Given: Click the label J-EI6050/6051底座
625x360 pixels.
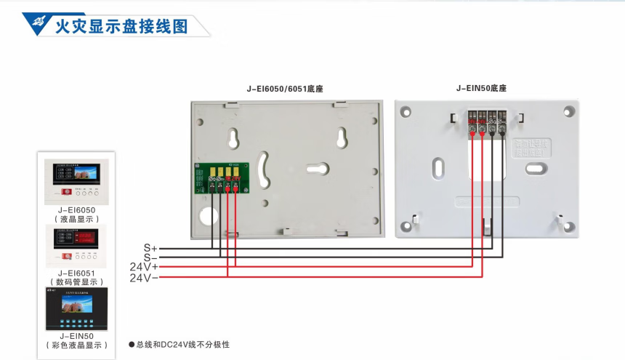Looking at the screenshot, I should click(285, 89).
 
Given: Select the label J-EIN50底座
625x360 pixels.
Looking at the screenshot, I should click(481, 88).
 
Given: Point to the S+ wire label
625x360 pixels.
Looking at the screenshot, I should click(150, 248).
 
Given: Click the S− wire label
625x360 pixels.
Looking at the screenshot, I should click(150, 257).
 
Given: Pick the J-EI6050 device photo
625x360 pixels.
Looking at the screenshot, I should click(76, 182).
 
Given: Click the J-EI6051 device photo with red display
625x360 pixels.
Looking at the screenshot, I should click(76, 246).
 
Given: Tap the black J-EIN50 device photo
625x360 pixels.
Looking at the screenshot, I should click(76, 309).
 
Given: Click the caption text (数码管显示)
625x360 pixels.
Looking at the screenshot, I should click(76, 281).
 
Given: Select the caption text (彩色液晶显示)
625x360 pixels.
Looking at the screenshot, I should click(76, 345).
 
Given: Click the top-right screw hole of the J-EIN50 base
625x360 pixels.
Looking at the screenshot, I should click(568, 111).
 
